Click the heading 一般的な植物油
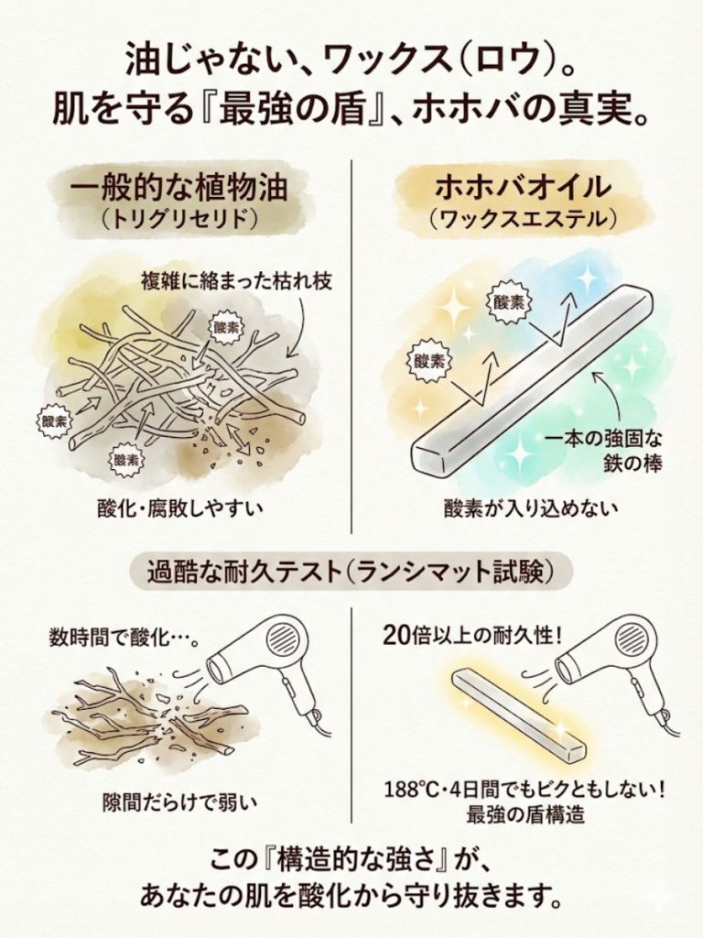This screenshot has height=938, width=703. coord(179,188)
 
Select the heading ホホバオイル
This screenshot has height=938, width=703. coord(523,188)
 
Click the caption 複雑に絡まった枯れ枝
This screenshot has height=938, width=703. coord(236,280)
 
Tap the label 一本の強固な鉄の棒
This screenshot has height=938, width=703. coord(604,452)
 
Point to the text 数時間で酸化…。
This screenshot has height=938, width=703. coord(124,638)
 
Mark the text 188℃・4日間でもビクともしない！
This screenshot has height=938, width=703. coord(525,791)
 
